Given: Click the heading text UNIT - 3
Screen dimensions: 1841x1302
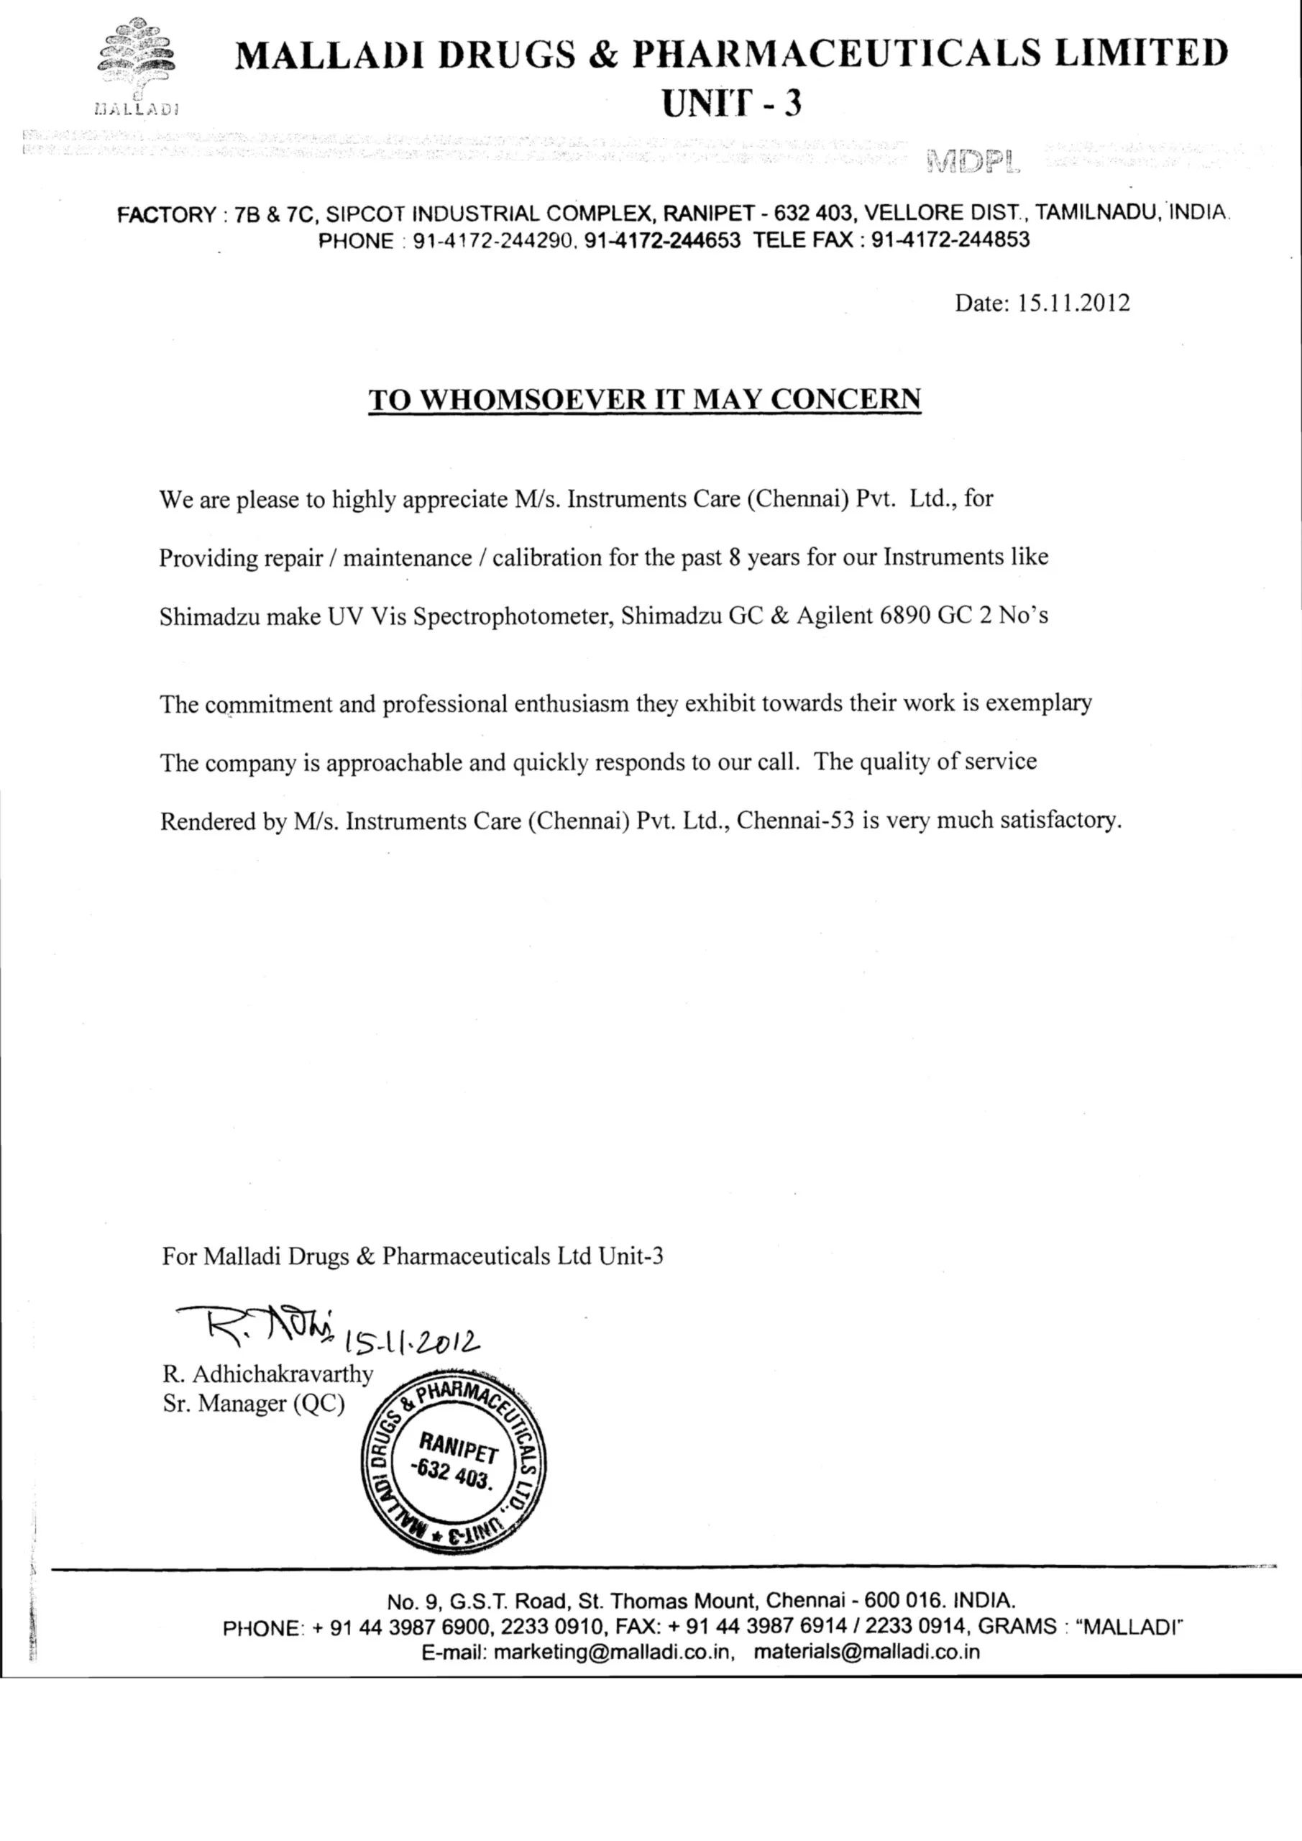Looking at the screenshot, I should pos(730,104).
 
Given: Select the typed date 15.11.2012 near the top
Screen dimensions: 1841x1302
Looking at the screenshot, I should pos(1073,303).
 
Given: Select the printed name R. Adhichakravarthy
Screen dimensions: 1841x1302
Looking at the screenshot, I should pos(267,1374).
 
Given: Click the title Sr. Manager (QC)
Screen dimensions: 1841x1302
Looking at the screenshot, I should pos(253,1403).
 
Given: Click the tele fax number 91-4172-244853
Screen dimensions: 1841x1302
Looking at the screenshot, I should pos(950,239).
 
